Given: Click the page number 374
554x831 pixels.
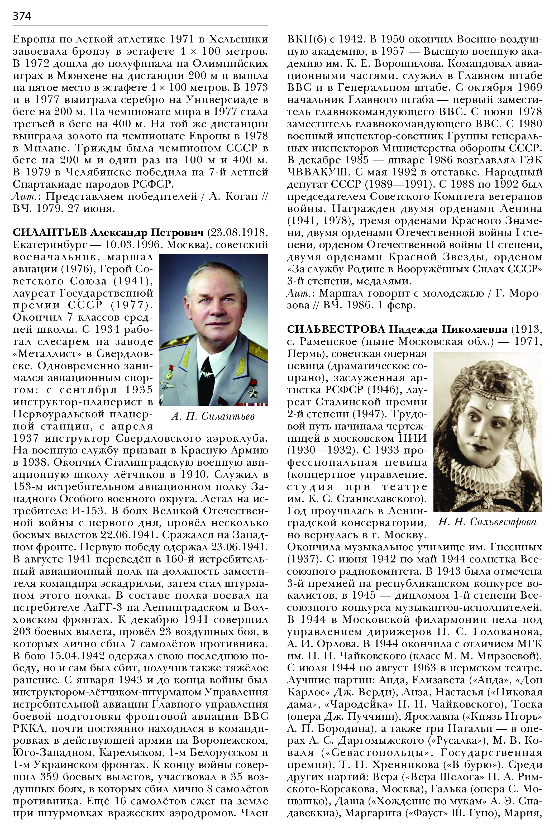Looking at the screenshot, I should pyautogui.click(x=22, y=16).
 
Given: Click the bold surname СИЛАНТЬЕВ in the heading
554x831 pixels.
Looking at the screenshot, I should pyautogui.click(x=50, y=232).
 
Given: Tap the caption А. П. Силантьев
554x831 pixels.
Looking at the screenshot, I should pyautogui.click(x=213, y=417).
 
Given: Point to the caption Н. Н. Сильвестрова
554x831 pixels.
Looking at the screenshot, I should pyautogui.click(x=487, y=522).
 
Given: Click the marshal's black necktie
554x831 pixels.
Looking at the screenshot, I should pyautogui.click(x=206, y=376).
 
